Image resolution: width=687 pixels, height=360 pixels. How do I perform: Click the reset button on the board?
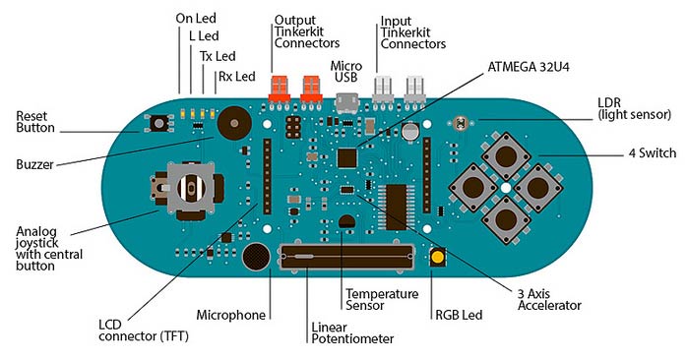pyautogui.click(x=158, y=124)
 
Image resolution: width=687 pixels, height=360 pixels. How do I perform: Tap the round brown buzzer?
pyautogui.click(x=234, y=123)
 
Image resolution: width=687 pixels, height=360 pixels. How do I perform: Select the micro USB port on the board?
pyautogui.click(x=347, y=103)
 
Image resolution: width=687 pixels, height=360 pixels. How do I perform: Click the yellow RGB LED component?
pyautogui.click(x=437, y=257)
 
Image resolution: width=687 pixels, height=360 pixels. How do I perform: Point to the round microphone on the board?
pyautogui.click(x=256, y=257)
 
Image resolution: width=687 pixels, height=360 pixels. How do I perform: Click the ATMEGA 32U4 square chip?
pyautogui.click(x=347, y=157)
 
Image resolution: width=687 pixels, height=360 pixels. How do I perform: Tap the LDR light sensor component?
pyautogui.click(x=460, y=124)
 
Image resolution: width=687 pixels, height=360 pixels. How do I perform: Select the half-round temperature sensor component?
pyautogui.click(x=347, y=221)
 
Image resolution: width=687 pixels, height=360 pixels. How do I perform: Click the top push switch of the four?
pyautogui.click(x=506, y=155)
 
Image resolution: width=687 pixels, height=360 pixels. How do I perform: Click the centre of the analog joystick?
pyautogui.click(x=191, y=188)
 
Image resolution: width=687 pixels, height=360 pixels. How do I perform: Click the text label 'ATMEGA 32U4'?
pyautogui.click(x=529, y=67)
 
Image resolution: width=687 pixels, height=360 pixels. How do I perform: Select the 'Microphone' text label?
pyautogui.click(x=231, y=315)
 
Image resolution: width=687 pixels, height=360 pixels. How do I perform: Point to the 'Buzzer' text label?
pyautogui.click(x=34, y=164)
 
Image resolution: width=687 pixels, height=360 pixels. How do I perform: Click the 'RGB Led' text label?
pyautogui.click(x=459, y=315)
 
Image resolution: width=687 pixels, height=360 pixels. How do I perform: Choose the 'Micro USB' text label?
pyautogui.click(x=346, y=72)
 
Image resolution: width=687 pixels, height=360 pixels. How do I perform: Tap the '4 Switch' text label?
pyautogui.click(x=653, y=152)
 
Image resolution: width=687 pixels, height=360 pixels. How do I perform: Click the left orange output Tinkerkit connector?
pyautogui.click(x=280, y=89)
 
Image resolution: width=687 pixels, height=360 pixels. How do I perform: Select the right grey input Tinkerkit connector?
pyautogui.click(x=414, y=90)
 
